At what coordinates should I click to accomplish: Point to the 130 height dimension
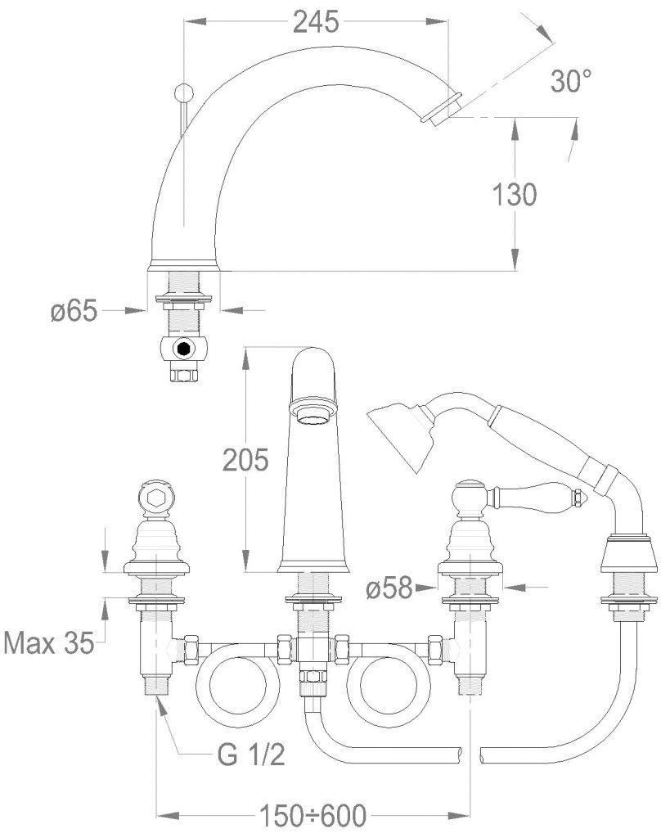pos(514,195)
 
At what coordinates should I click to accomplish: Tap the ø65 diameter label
pos(74,310)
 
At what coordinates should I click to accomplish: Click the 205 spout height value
pos(245,461)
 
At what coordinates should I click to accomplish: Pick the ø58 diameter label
pos(389,587)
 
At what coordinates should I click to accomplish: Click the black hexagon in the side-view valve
pos(184,349)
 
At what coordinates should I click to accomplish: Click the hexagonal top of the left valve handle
pos(155,497)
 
